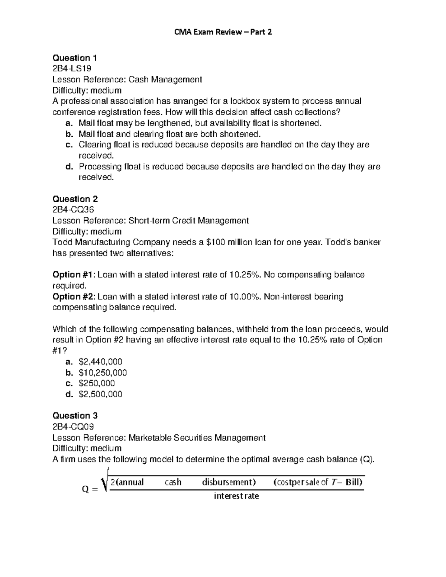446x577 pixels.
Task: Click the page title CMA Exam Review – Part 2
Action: click(223, 32)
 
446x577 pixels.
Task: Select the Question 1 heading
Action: click(75, 58)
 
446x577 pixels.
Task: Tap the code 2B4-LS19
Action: click(72, 69)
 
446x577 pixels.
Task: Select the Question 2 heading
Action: click(75, 199)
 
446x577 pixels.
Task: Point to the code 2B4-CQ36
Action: click(73, 210)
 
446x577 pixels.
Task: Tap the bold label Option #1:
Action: click(74, 275)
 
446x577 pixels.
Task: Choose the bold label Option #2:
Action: click(74, 296)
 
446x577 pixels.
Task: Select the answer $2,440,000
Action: click(100, 362)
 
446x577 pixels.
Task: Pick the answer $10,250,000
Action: click(103, 373)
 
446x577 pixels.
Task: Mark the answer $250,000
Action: click(97, 383)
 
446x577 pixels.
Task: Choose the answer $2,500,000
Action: click(100, 394)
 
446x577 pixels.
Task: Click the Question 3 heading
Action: click(75, 416)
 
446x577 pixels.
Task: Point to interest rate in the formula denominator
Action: click(236, 496)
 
